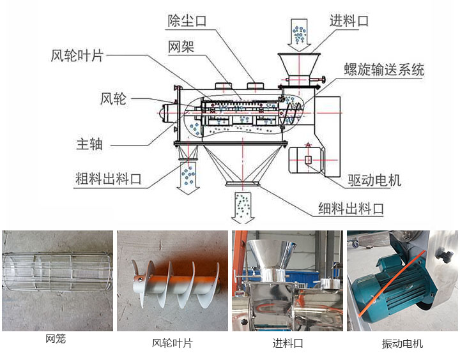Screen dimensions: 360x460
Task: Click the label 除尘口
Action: [187, 21]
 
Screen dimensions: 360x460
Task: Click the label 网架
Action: [181, 47]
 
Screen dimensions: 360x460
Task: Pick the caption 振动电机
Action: [402, 343]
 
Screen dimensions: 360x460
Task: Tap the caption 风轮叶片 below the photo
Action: [172, 343]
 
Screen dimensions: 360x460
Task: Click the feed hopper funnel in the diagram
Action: [298, 64]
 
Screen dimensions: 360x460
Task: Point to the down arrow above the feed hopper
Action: [298, 35]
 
